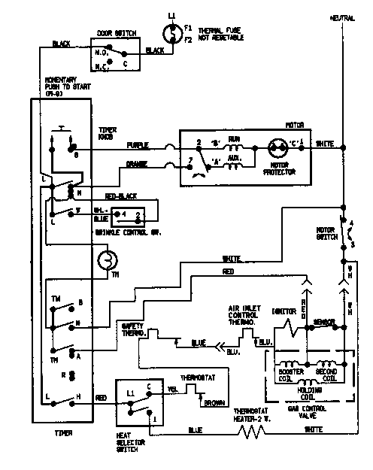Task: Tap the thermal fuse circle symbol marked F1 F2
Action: click(170, 33)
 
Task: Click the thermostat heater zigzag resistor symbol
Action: click(252, 432)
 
